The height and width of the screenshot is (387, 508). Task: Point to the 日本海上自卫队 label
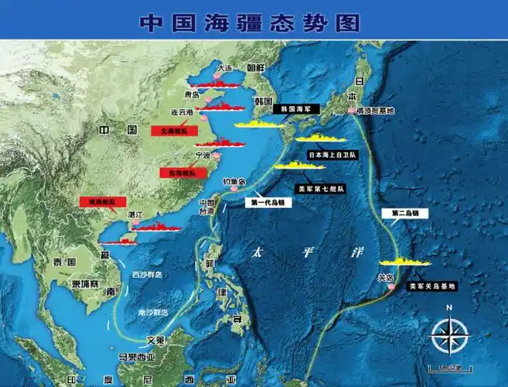(332, 155)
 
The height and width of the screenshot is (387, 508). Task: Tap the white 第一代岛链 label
(266, 203)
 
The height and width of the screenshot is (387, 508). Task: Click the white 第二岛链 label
(405, 212)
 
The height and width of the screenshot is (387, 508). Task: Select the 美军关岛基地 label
(431, 286)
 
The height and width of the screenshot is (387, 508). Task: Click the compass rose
(446, 335)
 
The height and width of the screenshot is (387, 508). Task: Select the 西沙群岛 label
(146, 275)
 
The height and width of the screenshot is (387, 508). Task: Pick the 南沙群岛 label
(151, 313)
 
